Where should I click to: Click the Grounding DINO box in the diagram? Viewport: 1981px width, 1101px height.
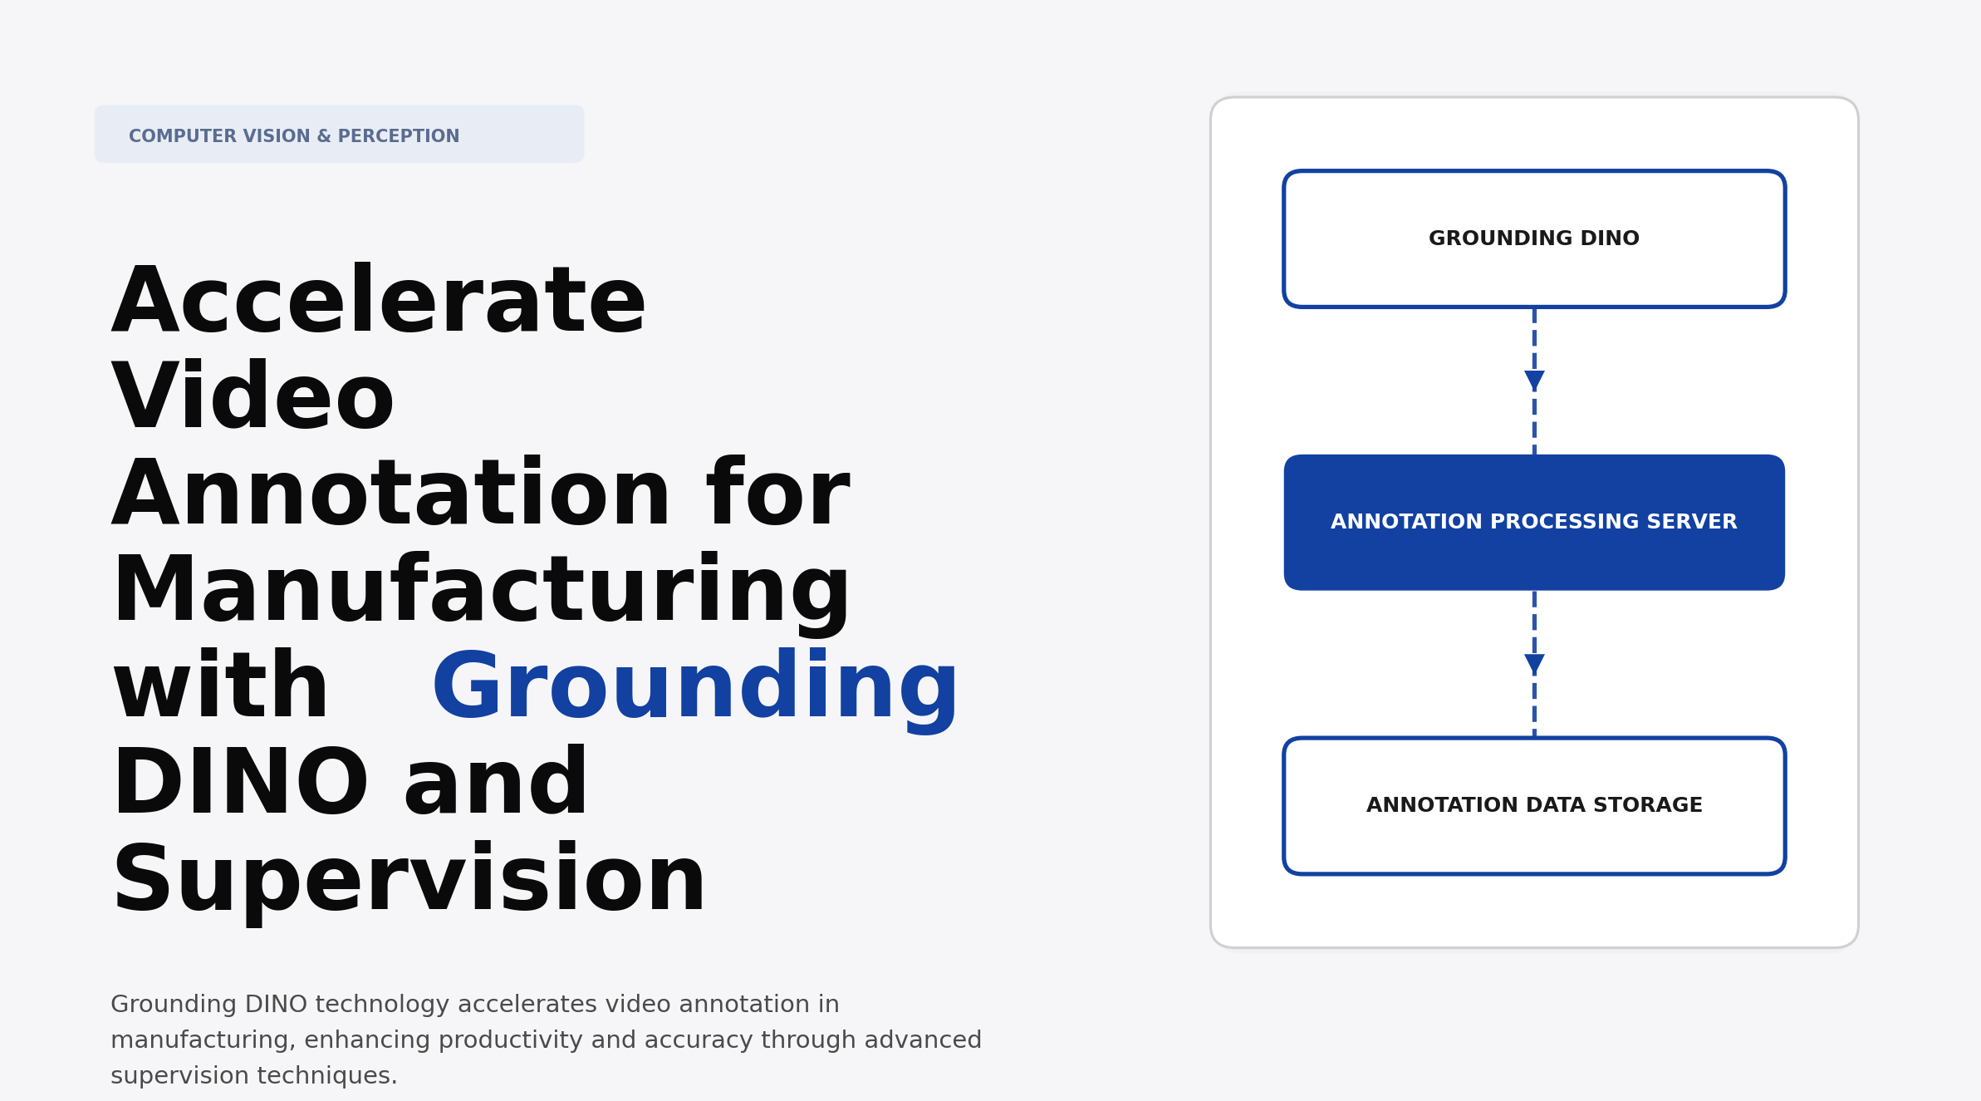(x=1533, y=239)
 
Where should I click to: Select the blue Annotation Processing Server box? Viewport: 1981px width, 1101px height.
(x=1533, y=523)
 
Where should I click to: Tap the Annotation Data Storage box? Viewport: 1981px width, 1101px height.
(x=1533, y=805)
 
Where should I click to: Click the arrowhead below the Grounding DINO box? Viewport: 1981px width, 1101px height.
(x=1534, y=381)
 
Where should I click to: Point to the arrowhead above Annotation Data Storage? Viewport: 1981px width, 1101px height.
(x=1534, y=664)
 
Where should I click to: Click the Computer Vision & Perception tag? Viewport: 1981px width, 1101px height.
(x=339, y=135)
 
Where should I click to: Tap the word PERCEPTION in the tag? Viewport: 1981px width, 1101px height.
(x=398, y=136)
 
